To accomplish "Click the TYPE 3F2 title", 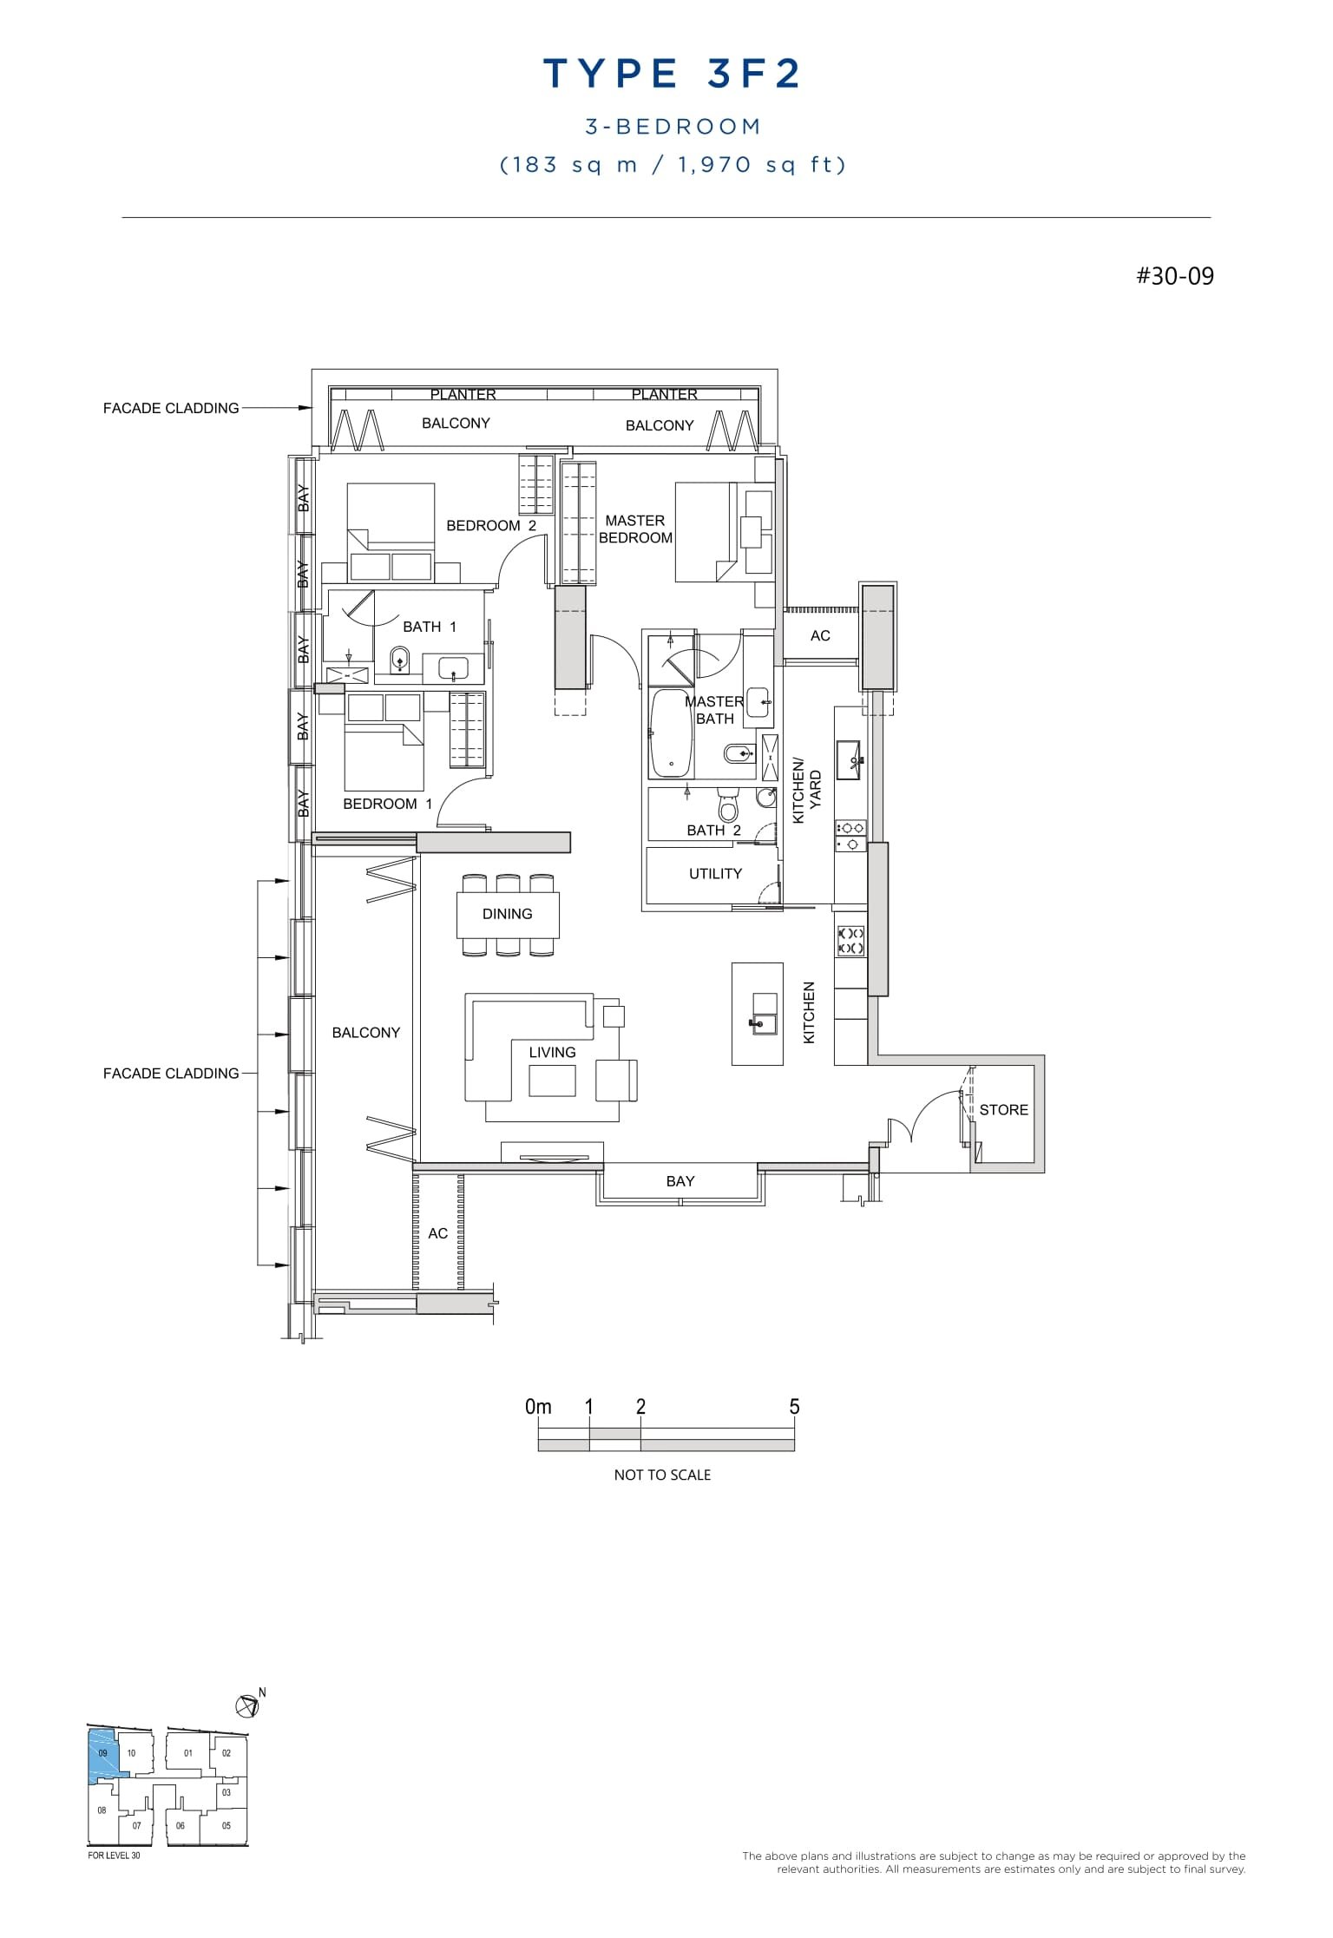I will (672, 75).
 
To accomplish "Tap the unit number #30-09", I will (1175, 277).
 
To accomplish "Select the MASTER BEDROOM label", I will (635, 529).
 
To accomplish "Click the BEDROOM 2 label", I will (491, 526).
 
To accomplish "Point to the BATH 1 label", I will (429, 627).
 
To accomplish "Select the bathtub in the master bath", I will (671, 733).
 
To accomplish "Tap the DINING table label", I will (507, 914).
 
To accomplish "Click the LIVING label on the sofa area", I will (552, 1053).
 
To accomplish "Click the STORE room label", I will (1003, 1110).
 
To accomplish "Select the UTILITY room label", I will (715, 874).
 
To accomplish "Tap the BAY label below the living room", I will (680, 1181).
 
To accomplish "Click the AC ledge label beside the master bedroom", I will (820, 636).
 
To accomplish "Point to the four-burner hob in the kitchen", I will (850, 940).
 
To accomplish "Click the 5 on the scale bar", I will (794, 1407).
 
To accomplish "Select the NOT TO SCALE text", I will (662, 1475).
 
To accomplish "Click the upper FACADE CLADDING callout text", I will (171, 408).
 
